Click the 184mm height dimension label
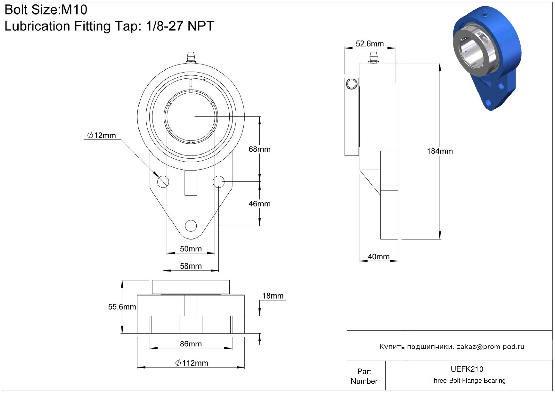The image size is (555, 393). [439, 151]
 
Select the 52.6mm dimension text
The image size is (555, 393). [370, 44]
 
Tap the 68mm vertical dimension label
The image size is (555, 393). [259, 149]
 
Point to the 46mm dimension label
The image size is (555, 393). [259, 204]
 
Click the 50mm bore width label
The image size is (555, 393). [190, 249]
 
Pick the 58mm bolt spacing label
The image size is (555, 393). [190, 266]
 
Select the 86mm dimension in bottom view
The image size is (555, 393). [190, 344]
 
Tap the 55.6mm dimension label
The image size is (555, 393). [122, 307]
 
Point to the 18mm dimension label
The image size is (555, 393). [273, 296]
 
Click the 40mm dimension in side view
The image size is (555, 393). [378, 256]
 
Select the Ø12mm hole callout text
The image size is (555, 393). [101, 135]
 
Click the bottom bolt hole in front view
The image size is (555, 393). [191, 226]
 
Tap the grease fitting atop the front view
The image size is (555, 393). [191, 58]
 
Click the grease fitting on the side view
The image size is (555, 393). [373, 58]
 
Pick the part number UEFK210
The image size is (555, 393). [467, 369]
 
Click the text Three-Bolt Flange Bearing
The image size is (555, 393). [468, 380]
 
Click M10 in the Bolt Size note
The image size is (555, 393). [74, 10]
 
